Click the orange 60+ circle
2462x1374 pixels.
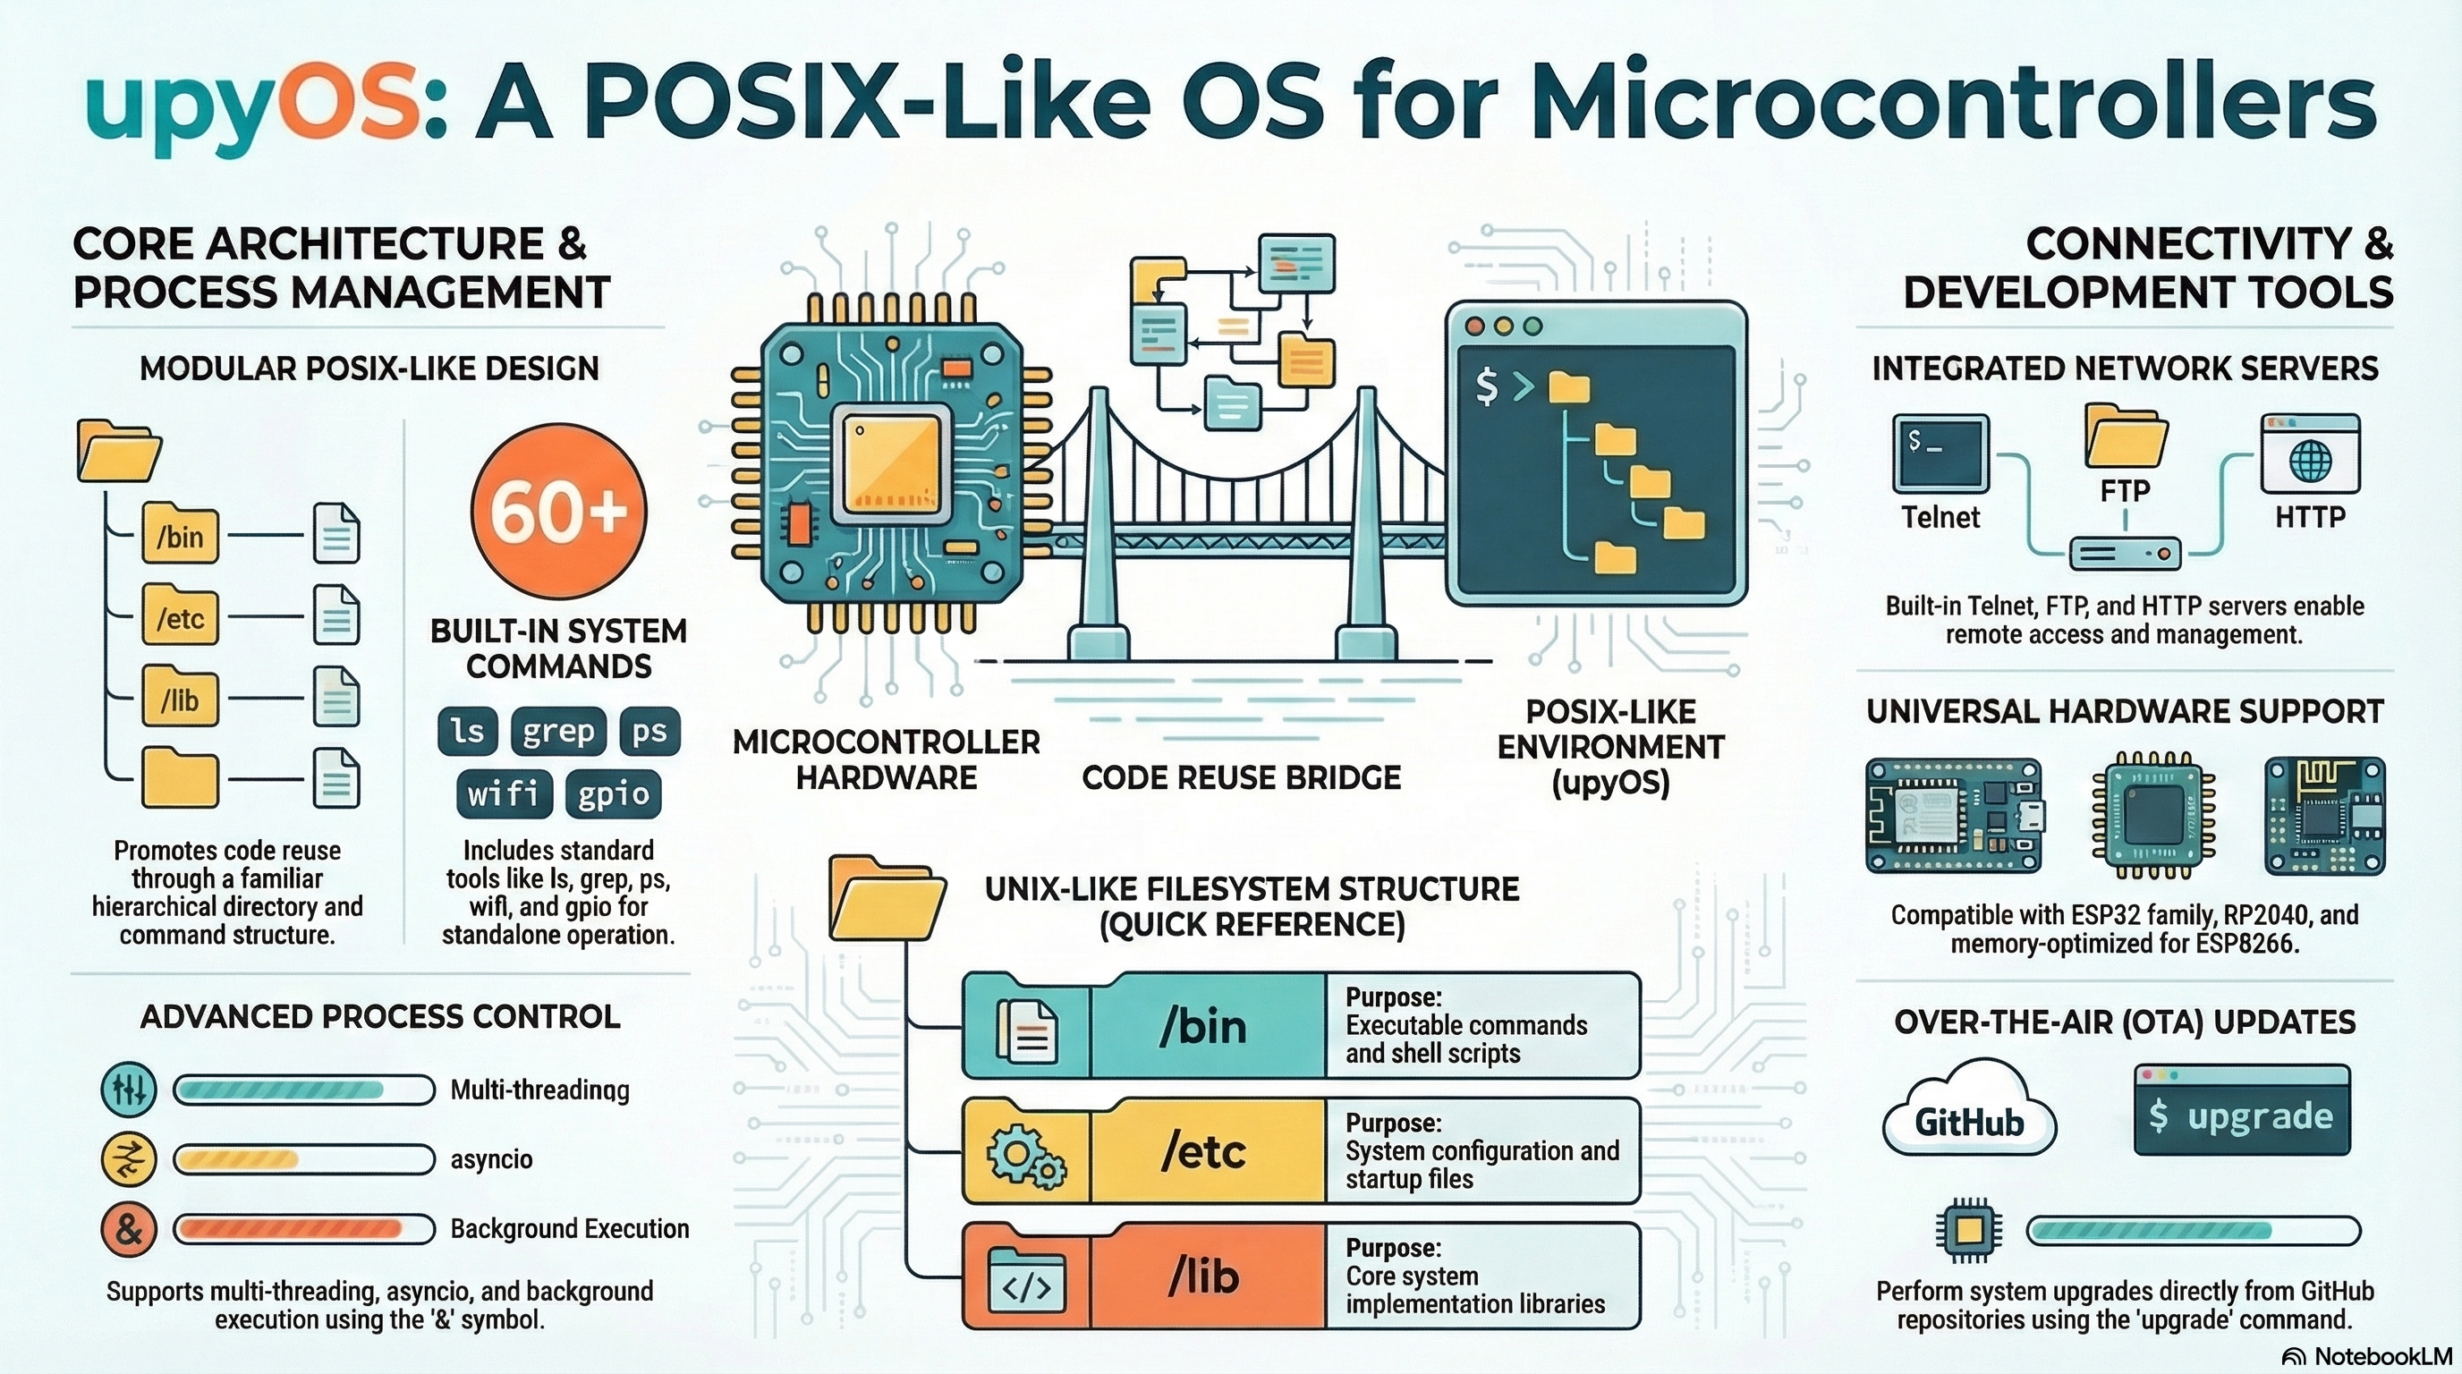(x=559, y=511)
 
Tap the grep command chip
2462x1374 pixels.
(x=558, y=731)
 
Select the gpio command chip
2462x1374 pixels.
(x=613, y=794)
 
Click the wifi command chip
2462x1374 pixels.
(x=504, y=794)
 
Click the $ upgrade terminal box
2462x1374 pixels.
(x=2241, y=1110)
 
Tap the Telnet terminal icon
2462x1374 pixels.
(x=1940, y=454)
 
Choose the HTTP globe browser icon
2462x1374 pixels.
(x=2310, y=454)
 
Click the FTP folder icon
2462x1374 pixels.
(x=2126, y=436)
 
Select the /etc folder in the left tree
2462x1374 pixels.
(x=181, y=615)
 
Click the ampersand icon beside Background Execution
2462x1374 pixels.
(x=129, y=1229)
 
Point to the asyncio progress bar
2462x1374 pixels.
(x=304, y=1159)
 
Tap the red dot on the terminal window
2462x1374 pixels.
(x=1474, y=327)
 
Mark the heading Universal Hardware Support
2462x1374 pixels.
(x=2125, y=712)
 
